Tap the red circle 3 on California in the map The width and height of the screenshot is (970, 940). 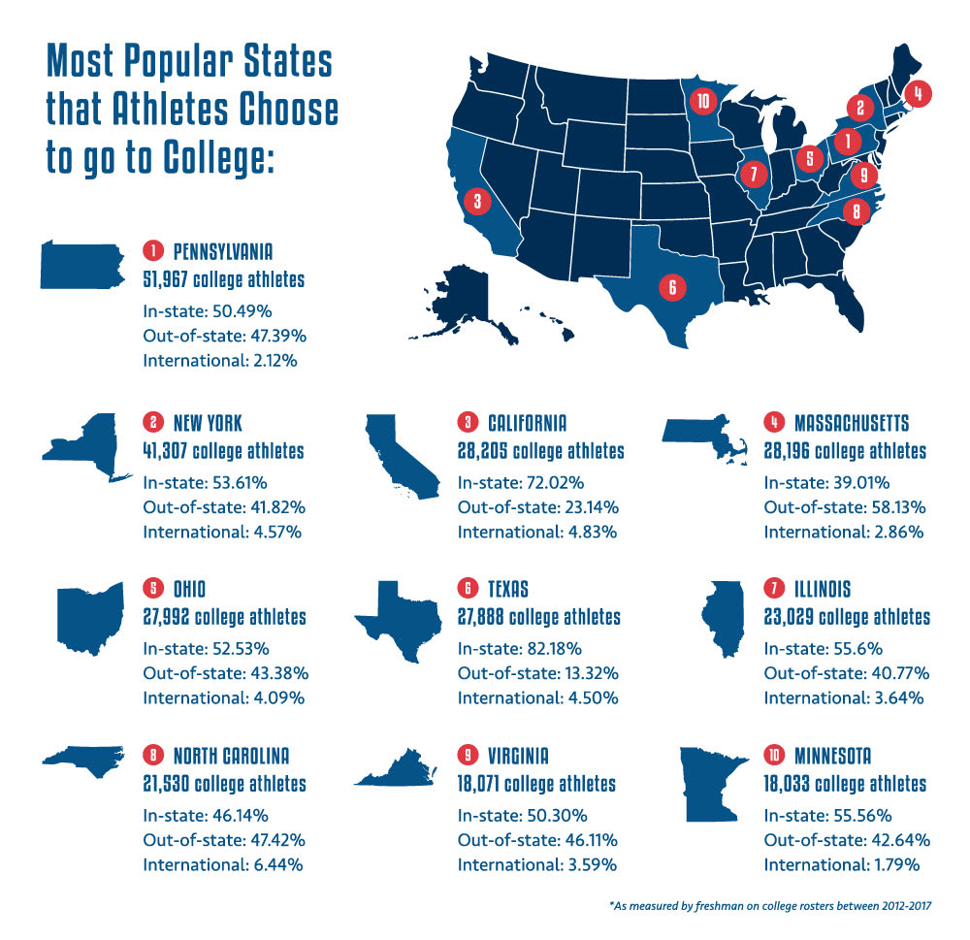[x=476, y=202]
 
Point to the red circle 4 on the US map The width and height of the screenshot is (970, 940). [x=917, y=93]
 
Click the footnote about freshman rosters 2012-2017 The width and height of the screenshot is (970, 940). [x=770, y=907]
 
